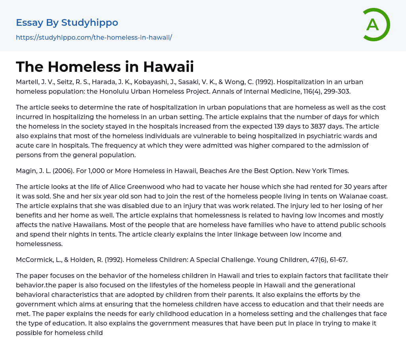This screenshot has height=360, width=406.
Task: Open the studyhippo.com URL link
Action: tap(94, 37)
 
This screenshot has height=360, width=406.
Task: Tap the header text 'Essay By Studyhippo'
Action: tap(67, 23)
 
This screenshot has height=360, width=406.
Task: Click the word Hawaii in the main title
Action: tap(169, 67)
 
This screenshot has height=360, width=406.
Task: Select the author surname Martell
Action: tap(28, 82)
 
